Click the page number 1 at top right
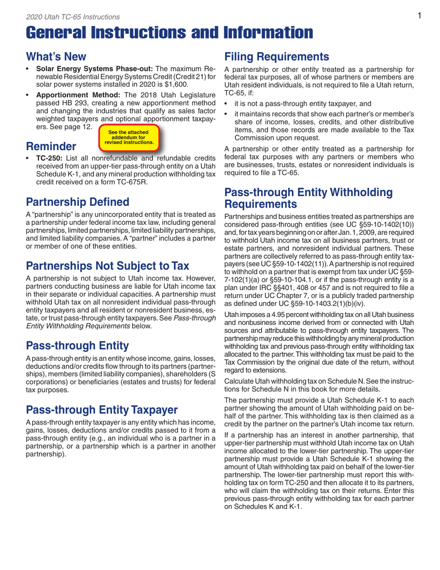(x=419, y=16)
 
